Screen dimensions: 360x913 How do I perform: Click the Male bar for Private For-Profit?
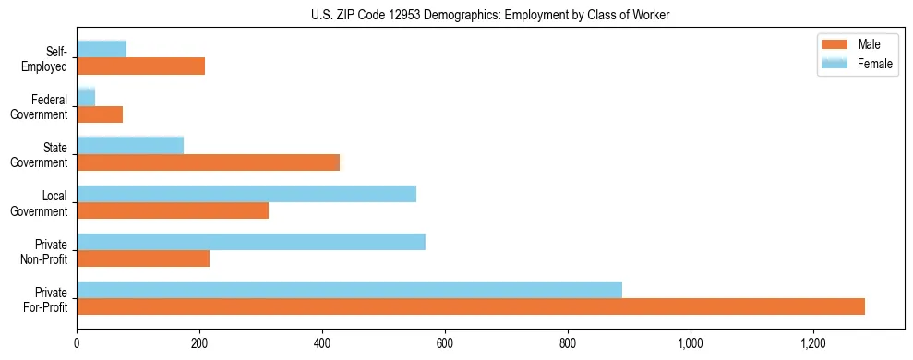471,306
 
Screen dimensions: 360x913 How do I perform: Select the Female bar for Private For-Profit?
349,290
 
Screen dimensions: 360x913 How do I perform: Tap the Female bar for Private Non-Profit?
251,242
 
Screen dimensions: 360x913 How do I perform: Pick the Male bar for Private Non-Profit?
143,258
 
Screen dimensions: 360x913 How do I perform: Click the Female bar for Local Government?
246,194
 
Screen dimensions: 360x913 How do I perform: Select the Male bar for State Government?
208,162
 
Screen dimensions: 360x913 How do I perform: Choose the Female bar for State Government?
130,145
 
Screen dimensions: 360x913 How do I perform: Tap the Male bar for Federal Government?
100,114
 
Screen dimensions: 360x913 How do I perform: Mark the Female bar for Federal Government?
86,97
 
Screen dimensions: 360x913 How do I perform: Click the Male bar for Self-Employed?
140,66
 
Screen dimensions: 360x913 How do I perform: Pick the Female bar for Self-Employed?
102,49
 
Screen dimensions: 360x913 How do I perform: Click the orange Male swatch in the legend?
835,45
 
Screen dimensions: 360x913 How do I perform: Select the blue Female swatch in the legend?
835,63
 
